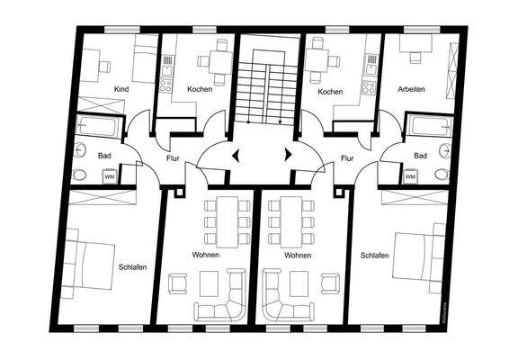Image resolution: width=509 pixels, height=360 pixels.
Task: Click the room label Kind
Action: pyautogui.click(x=121, y=90)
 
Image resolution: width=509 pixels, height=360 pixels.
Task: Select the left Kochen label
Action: pyautogui.click(x=200, y=90)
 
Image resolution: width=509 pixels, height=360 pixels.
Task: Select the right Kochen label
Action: pyautogui.click(x=330, y=91)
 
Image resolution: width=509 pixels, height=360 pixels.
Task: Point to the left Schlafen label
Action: pyautogui.click(x=132, y=266)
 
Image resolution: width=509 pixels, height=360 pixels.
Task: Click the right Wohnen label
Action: pyautogui.click(x=298, y=256)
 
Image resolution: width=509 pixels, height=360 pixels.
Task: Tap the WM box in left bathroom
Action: pyautogui.click(x=109, y=175)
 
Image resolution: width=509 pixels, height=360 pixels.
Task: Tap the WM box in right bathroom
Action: pyautogui.click(x=410, y=175)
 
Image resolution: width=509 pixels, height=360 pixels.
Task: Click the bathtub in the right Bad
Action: pyautogui.click(x=429, y=126)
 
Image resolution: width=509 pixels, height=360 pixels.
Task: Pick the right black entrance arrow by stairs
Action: pyautogui.click(x=288, y=154)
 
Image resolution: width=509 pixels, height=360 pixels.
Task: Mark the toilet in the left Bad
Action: pyautogui.click(x=80, y=175)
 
